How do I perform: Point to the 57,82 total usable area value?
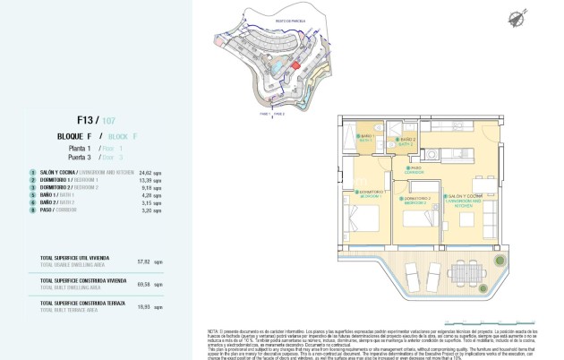point(140,261)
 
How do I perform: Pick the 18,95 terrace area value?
point(140,305)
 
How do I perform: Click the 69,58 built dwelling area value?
point(140,283)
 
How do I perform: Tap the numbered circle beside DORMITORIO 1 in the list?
point(33,178)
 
